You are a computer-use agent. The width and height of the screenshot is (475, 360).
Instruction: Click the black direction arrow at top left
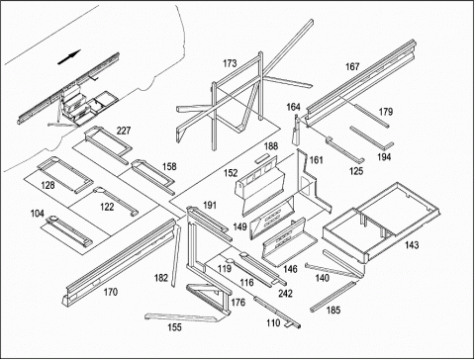(69, 57)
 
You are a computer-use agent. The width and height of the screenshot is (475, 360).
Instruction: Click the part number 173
(230, 63)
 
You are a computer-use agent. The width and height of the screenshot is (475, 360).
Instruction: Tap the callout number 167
(352, 67)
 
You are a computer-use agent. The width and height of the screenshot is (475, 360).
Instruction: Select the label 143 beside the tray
(412, 245)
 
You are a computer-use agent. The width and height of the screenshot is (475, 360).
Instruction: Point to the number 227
(124, 131)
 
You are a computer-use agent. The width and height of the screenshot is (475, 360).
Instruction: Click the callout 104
(38, 214)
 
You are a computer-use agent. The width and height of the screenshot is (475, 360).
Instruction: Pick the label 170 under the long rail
(111, 292)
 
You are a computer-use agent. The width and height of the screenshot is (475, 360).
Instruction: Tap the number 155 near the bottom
(174, 327)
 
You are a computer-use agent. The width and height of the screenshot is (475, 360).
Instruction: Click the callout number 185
(333, 310)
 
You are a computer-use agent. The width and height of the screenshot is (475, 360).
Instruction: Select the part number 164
(293, 107)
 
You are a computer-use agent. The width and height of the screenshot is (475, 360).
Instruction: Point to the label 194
(384, 157)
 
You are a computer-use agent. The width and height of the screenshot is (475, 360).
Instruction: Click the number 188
(271, 146)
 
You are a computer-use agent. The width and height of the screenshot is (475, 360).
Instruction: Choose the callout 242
(285, 294)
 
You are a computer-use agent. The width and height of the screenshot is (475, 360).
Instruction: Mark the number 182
(161, 278)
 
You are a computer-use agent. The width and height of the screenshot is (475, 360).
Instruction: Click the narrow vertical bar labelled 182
(176, 256)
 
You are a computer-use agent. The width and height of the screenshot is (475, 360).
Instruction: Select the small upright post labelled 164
(297, 131)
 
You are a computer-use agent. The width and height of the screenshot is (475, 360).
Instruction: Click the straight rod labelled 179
(371, 115)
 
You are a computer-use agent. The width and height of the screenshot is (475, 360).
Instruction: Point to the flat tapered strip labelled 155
(181, 317)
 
